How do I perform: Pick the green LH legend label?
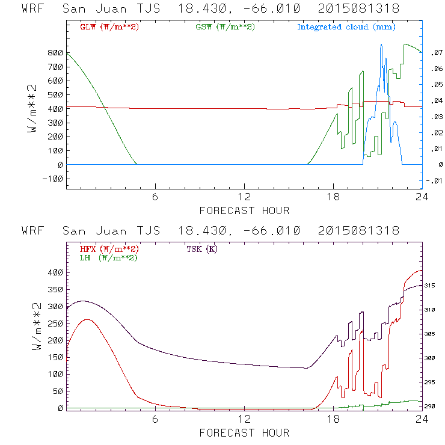pos(108,257)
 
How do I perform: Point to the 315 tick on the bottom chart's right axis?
pos(434,286)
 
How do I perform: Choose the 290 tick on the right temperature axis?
pos(434,407)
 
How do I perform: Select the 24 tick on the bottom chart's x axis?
pos(423,420)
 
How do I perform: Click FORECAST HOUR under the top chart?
pos(244,210)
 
